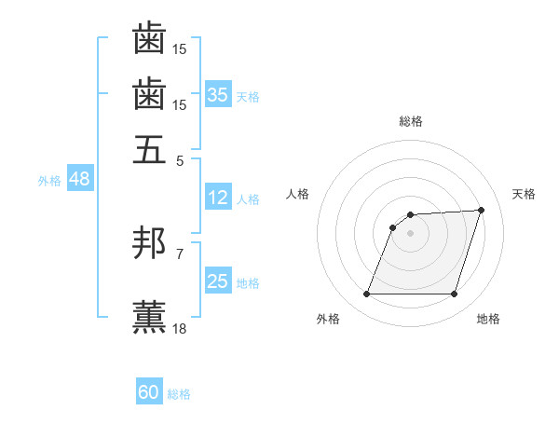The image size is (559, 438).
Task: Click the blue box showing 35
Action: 218,95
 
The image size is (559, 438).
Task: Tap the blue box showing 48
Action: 79,179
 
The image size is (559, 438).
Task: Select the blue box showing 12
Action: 218,198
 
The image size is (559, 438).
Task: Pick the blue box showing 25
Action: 218,281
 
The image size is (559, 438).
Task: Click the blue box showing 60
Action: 149,392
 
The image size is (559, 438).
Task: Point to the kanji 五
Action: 149,148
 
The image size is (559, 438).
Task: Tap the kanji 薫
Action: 149,314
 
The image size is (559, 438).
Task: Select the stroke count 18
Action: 180,328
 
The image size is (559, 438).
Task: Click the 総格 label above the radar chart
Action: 410,122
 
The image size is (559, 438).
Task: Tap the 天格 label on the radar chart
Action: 524,194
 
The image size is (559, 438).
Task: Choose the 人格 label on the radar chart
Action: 297,194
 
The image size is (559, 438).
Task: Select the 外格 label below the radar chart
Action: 328,320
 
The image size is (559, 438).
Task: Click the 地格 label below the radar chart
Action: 488,320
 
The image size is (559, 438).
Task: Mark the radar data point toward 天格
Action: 481,211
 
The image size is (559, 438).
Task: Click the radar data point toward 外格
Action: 366,294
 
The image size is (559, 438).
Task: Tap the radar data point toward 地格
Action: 454,294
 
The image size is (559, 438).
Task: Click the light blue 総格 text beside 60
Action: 180,394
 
